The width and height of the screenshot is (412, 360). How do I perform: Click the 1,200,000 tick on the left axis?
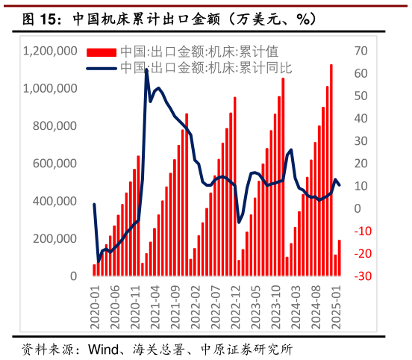point(50,51)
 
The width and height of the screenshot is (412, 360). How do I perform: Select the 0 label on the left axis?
point(73,276)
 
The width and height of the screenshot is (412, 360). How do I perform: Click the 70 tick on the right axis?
point(362,51)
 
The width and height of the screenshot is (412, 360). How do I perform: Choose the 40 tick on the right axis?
point(362,118)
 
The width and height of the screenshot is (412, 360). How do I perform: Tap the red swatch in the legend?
point(102,52)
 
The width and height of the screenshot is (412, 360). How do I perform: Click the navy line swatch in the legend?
point(102,68)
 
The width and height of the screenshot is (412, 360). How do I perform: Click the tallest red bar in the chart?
point(331,170)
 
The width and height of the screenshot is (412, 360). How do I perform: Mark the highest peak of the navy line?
point(146,69)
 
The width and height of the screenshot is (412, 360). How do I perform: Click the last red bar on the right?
point(340,258)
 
